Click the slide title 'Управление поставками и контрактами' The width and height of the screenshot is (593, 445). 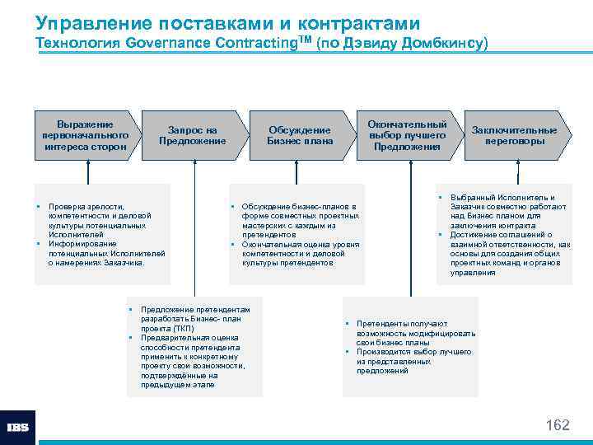(227, 22)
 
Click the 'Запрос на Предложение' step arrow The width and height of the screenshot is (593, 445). (192, 134)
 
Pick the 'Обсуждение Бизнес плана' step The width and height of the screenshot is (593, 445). (300, 134)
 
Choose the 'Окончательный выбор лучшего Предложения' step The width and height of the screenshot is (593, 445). (407, 134)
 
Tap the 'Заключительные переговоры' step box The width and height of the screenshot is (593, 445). (514, 134)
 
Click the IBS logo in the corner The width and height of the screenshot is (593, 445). (18, 428)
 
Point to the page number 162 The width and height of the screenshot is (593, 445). (558, 425)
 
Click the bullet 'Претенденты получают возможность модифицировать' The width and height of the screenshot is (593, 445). (415, 333)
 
